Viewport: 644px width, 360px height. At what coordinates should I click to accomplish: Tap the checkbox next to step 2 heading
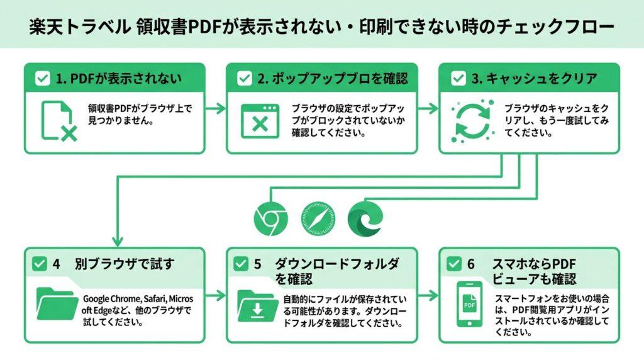click(x=243, y=79)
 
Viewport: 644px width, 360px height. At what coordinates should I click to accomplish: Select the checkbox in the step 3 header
click(x=458, y=79)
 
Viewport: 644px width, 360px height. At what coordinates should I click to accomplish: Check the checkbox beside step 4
click(x=38, y=264)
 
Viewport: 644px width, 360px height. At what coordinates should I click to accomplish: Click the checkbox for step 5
click(x=240, y=264)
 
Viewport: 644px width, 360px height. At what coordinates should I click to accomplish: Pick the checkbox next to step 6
click(x=453, y=264)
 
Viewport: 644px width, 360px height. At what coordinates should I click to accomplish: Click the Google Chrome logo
click(x=271, y=218)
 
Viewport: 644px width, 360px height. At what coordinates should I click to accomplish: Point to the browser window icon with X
click(x=260, y=120)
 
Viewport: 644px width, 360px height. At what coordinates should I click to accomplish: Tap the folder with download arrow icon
click(x=258, y=305)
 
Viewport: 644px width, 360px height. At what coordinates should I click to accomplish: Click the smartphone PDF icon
click(x=469, y=305)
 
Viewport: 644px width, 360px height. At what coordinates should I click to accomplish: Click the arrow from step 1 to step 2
click(x=215, y=108)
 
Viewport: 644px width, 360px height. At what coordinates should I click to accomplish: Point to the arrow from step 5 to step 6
click(x=428, y=295)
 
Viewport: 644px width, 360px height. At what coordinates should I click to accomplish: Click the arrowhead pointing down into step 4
click(x=117, y=241)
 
